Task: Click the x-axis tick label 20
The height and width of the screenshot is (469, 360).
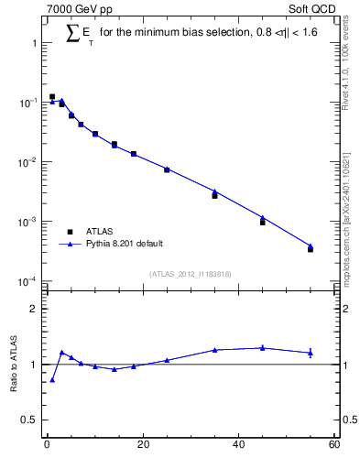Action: (x=142, y=446)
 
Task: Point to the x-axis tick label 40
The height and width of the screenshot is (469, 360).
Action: (x=238, y=446)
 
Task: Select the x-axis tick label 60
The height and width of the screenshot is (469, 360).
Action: (x=333, y=446)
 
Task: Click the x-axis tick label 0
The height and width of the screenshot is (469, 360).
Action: (x=47, y=446)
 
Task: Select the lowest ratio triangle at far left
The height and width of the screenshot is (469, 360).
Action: (x=52, y=379)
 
